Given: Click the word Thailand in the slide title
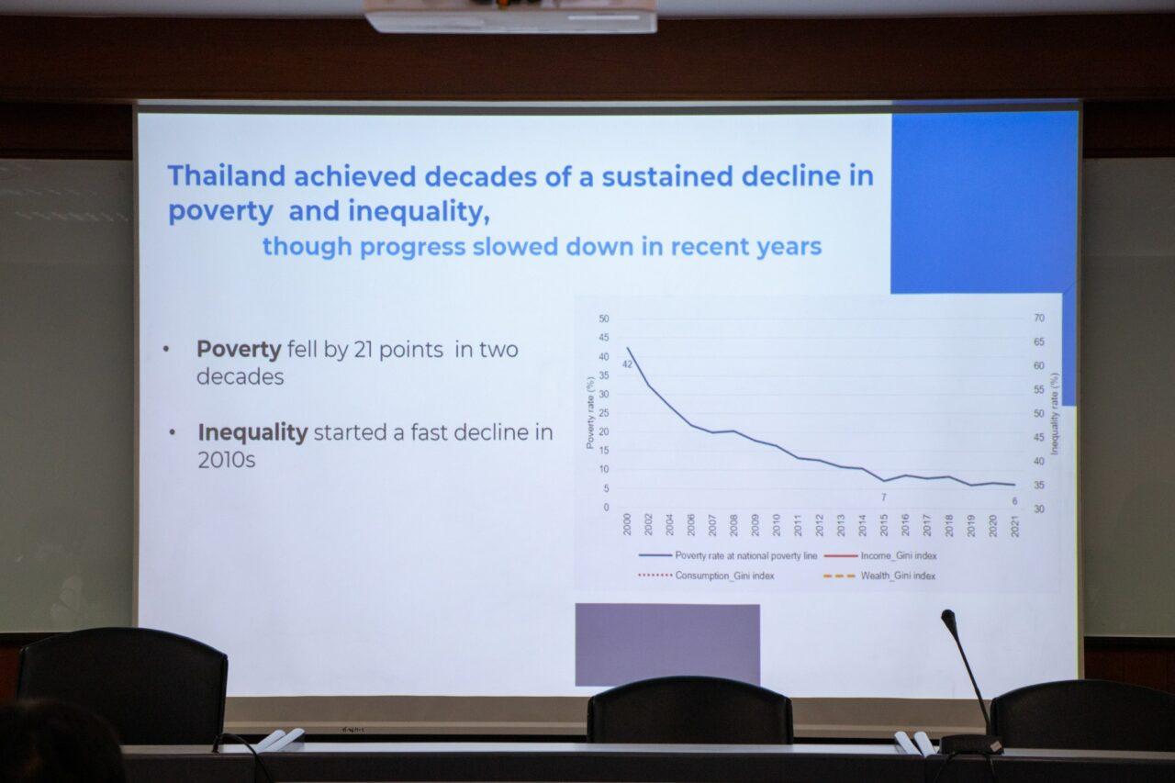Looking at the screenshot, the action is tap(227, 175).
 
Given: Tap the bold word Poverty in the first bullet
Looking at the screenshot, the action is tap(240, 350).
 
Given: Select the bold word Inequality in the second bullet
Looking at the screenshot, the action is tap(252, 432).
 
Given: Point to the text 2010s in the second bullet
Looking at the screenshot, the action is tap(227, 460).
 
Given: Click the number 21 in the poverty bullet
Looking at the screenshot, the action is tap(363, 350).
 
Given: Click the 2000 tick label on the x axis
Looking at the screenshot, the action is tap(627, 524).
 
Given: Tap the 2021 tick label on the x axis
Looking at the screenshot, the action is tap(1015, 525).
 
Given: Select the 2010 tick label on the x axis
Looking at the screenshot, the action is tap(777, 525).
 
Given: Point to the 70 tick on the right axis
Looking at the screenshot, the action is tap(1039, 318).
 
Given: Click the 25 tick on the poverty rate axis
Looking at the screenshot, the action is tap(604, 413).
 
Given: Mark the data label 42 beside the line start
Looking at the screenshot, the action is tap(627, 364).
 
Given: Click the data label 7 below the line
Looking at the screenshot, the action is tap(884, 498).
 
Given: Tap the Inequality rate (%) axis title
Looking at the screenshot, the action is tap(1055, 414).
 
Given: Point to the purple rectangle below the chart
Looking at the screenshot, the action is tap(667, 644).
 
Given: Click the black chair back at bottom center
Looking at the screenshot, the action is tap(690, 710).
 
